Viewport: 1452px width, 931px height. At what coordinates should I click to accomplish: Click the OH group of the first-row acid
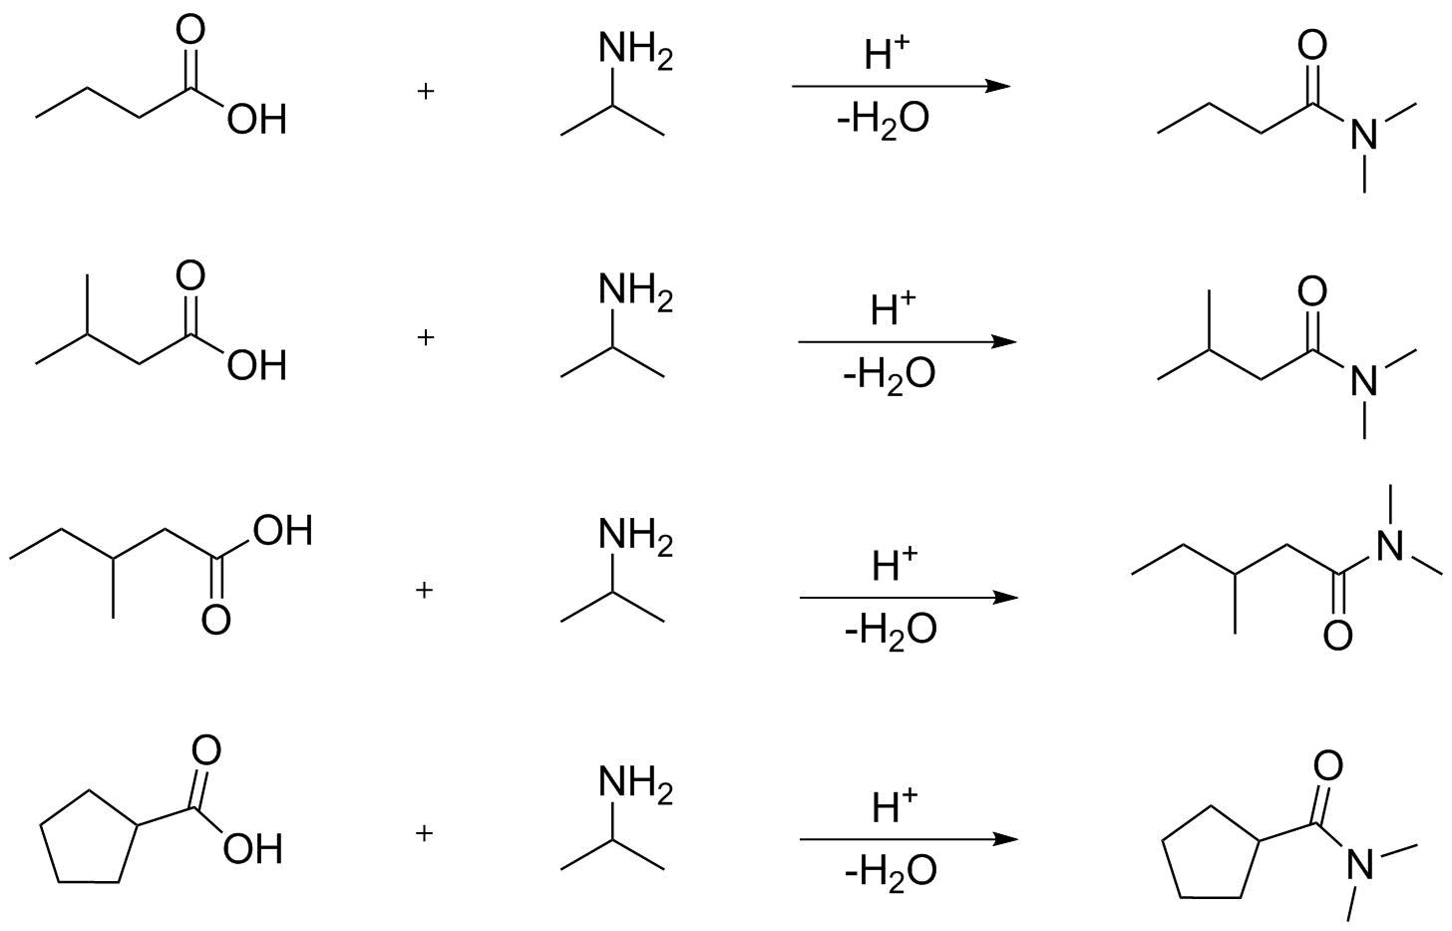pyautogui.click(x=256, y=121)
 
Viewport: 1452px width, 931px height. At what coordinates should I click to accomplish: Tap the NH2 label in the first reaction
pyautogui.click(x=634, y=51)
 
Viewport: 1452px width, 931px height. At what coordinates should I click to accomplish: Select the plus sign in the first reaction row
pyautogui.click(x=426, y=92)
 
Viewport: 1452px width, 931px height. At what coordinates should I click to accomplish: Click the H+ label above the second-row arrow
pyautogui.click(x=893, y=309)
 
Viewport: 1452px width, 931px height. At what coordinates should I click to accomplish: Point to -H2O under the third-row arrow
pyautogui.click(x=890, y=630)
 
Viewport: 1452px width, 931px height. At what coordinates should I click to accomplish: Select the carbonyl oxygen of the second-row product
pyautogui.click(x=1312, y=291)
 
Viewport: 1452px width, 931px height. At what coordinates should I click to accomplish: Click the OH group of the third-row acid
pyautogui.click(x=282, y=531)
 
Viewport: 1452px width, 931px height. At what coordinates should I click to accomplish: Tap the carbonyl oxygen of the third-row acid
pyautogui.click(x=215, y=620)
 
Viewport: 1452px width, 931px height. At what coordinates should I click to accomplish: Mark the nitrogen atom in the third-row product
pyautogui.click(x=1390, y=545)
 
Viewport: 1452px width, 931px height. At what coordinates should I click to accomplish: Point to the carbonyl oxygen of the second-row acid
pyautogui.click(x=189, y=275)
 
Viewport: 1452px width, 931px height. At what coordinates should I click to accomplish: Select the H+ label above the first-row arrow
pyautogui.click(x=887, y=54)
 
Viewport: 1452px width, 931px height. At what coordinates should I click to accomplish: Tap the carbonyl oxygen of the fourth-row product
pyautogui.click(x=1327, y=766)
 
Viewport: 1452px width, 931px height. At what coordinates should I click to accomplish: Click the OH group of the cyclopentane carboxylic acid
pyautogui.click(x=253, y=850)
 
